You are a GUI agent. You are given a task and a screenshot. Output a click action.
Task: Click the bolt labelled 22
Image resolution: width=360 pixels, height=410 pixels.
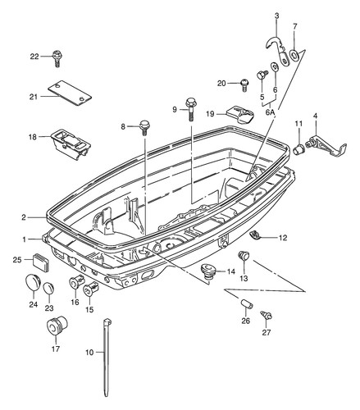pyautogui.click(x=57, y=58)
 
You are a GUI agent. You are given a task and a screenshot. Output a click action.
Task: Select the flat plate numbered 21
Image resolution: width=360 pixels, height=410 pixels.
pyautogui.click(x=70, y=93)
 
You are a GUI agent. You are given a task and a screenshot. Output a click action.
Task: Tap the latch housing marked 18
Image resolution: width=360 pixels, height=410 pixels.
pyautogui.click(x=71, y=143)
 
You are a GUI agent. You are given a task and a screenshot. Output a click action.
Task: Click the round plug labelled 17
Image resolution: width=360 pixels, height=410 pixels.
pyautogui.click(x=57, y=326)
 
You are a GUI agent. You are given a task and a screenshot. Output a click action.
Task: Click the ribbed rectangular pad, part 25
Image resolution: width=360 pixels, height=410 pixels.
pyautogui.click(x=42, y=262)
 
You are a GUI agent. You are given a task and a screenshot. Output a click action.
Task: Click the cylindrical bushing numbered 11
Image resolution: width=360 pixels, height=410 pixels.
pyautogui.click(x=298, y=149)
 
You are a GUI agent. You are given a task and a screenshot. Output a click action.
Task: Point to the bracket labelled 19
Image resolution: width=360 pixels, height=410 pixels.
pyautogui.click(x=240, y=115)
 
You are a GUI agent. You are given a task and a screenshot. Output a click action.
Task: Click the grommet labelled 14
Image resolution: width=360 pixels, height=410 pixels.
pyautogui.click(x=209, y=271)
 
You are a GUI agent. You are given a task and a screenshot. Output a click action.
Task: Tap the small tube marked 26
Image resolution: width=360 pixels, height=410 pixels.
pyautogui.click(x=246, y=303)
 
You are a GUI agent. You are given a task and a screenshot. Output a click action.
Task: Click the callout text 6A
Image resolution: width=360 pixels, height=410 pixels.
pyautogui.click(x=270, y=112)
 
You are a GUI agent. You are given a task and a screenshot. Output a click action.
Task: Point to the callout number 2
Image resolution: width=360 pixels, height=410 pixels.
pyautogui.click(x=24, y=217)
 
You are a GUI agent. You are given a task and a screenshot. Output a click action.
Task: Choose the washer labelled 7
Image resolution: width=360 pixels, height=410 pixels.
pyautogui.click(x=294, y=55)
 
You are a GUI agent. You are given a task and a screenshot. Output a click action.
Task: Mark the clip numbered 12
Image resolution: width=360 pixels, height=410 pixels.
pyautogui.click(x=256, y=235)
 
